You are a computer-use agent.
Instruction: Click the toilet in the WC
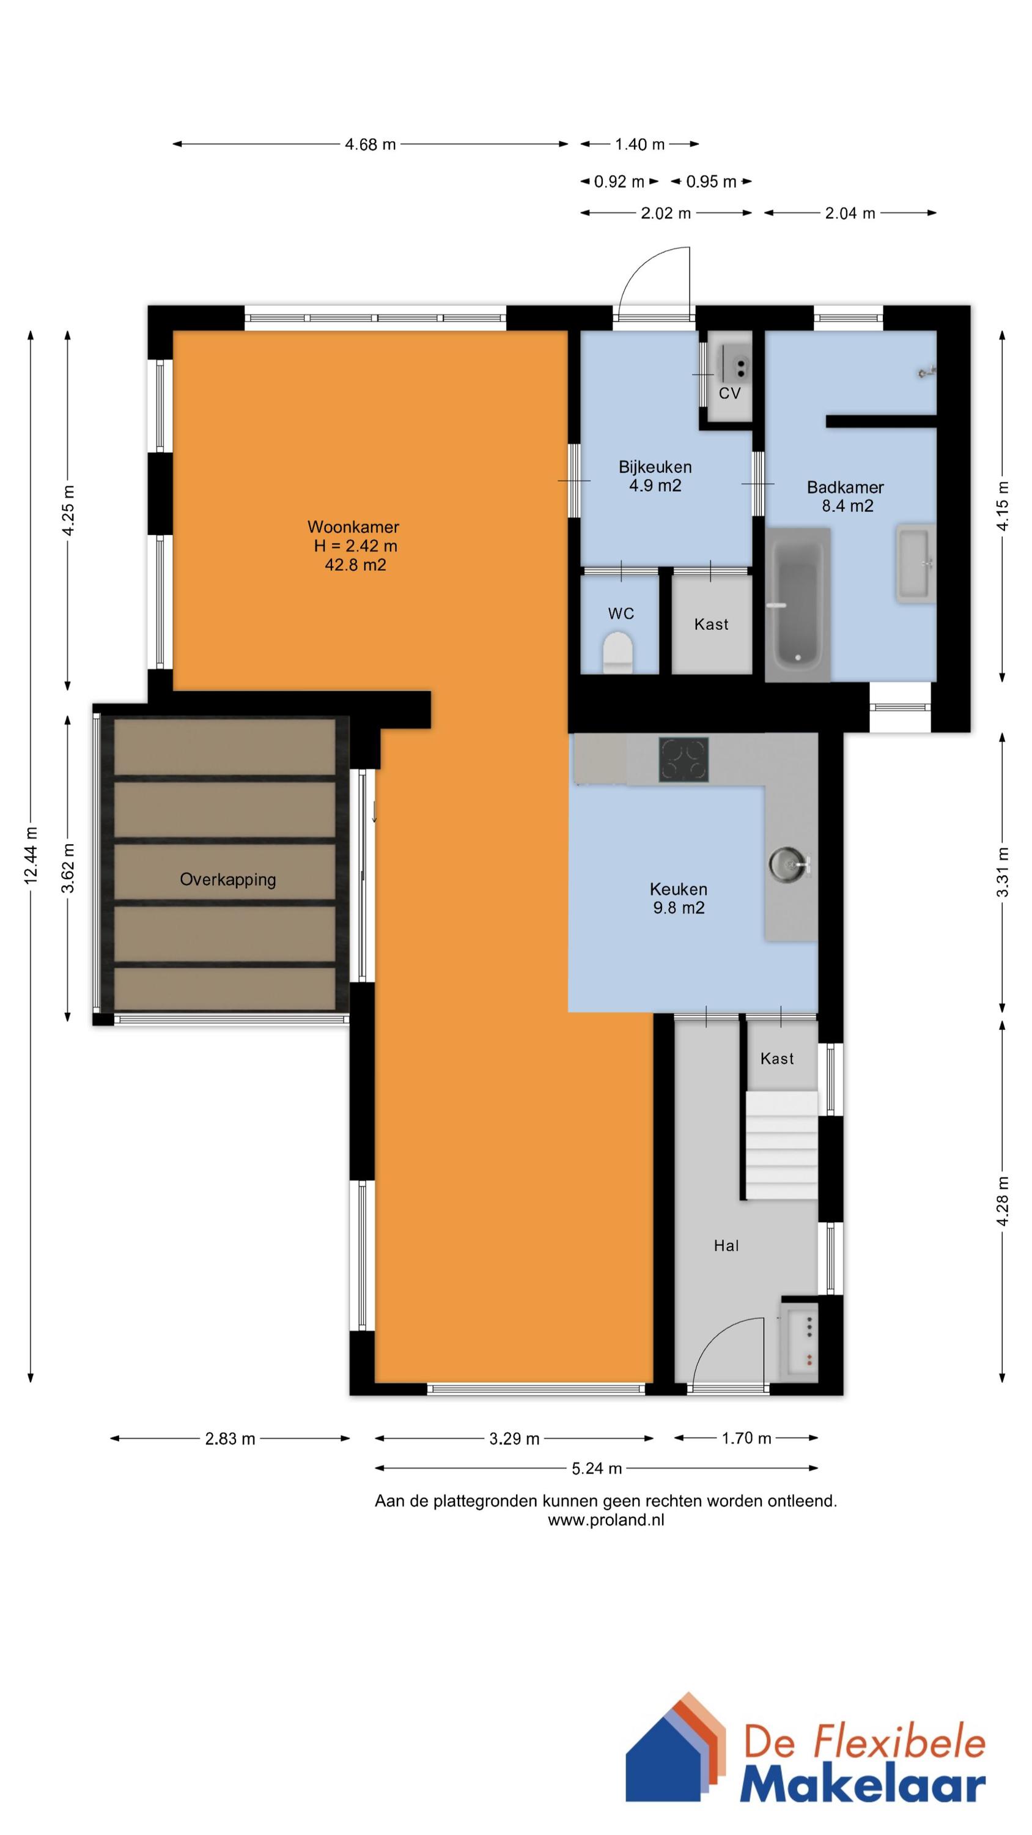tap(617, 653)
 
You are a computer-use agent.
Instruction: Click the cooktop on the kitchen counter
tap(683, 759)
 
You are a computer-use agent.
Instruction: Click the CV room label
tap(729, 393)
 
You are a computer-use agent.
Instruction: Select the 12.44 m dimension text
tap(31, 856)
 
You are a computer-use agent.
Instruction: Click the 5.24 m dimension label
tap(597, 1468)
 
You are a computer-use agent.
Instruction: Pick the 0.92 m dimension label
tap(619, 182)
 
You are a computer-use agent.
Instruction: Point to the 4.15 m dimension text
tap(1003, 506)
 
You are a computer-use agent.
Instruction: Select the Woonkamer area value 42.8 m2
tap(355, 565)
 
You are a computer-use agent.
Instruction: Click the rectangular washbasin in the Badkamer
tap(915, 564)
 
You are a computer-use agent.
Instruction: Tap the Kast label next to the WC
tap(711, 624)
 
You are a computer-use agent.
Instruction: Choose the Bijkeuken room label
tap(655, 467)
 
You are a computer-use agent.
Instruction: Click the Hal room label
tap(726, 1245)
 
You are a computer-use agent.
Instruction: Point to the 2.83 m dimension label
tap(230, 1438)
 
